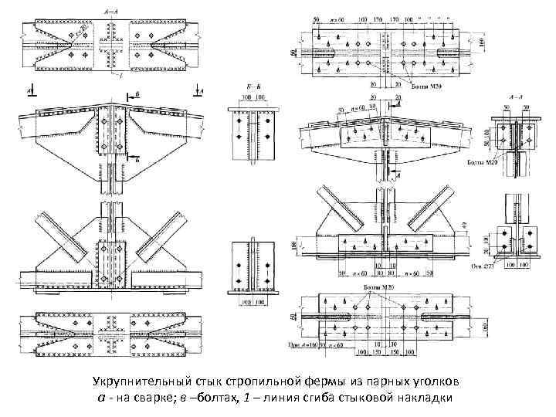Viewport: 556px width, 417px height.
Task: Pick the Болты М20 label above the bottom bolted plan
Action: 378,287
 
